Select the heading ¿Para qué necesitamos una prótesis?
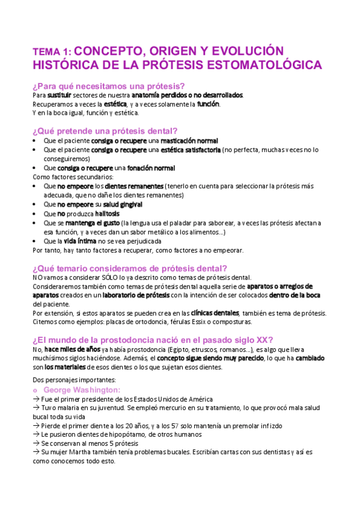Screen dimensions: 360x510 point(109,85)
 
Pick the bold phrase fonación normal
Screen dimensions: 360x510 point(151,168)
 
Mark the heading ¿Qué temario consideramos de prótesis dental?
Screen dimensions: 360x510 point(130,268)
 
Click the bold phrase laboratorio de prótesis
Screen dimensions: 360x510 point(136,295)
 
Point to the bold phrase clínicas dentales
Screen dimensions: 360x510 point(215,313)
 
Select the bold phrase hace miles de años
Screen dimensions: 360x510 point(72,349)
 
